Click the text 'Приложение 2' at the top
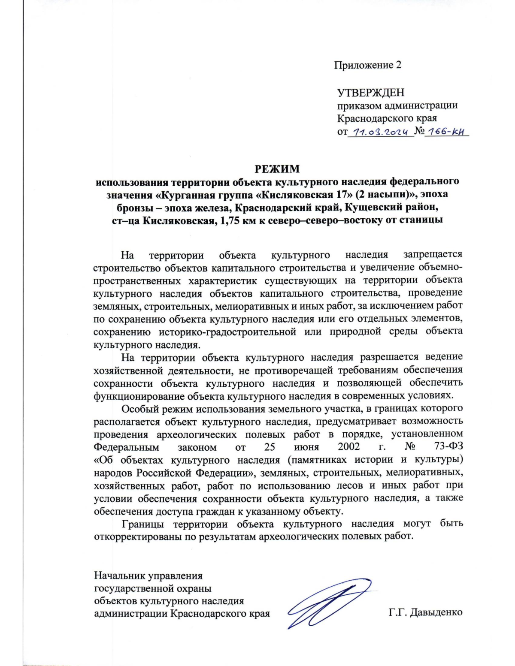368,65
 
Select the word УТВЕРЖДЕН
370,93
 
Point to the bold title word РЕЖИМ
277,169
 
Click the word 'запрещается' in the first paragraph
433,255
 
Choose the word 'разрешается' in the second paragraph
389,357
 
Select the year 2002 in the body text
348,446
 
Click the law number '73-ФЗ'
448,446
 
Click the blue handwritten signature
328,603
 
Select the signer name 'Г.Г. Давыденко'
425,612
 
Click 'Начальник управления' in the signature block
148,576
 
